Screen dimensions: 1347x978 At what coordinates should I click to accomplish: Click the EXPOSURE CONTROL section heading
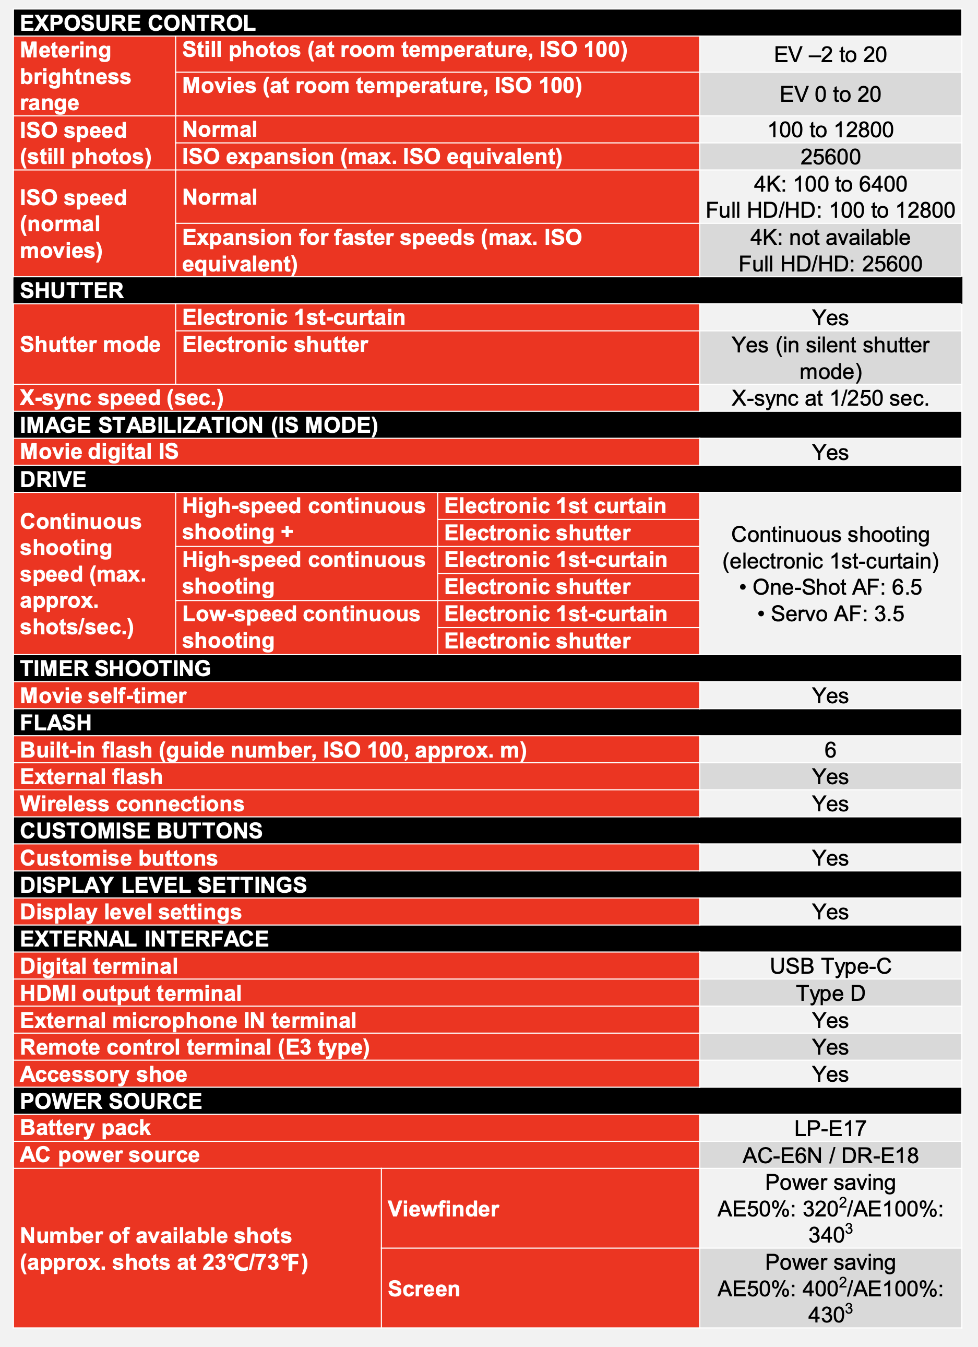click(138, 23)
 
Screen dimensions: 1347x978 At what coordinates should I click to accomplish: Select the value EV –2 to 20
click(830, 55)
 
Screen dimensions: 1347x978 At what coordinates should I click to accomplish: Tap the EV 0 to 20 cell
click(830, 94)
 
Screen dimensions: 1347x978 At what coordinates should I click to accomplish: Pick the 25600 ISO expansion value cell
click(830, 157)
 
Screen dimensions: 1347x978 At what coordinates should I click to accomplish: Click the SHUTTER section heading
click(72, 290)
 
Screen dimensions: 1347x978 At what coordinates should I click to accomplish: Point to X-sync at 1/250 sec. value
click(830, 398)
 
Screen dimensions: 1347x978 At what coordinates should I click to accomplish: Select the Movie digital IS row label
click(99, 452)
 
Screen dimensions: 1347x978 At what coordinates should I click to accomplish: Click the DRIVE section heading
click(53, 479)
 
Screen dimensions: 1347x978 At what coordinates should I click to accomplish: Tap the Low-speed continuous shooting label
click(301, 627)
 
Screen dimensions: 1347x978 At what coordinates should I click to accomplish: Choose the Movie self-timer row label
click(103, 695)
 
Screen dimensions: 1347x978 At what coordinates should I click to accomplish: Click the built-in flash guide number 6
click(830, 750)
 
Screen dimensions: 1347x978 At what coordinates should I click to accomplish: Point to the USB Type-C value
click(830, 966)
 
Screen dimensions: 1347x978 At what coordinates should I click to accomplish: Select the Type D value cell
click(830, 993)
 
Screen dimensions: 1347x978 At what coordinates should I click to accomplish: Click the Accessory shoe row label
click(103, 1074)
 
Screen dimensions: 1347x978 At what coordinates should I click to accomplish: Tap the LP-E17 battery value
click(830, 1128)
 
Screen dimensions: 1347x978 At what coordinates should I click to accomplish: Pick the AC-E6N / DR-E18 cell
click(830, 1155)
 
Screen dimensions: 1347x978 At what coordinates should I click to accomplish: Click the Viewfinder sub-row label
click(443, 1209)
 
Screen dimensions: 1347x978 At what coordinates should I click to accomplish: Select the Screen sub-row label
click(423, 1289)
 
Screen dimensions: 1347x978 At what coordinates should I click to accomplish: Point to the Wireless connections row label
click(132, 804)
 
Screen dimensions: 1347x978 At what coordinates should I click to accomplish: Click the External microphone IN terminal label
click(188, 1020)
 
